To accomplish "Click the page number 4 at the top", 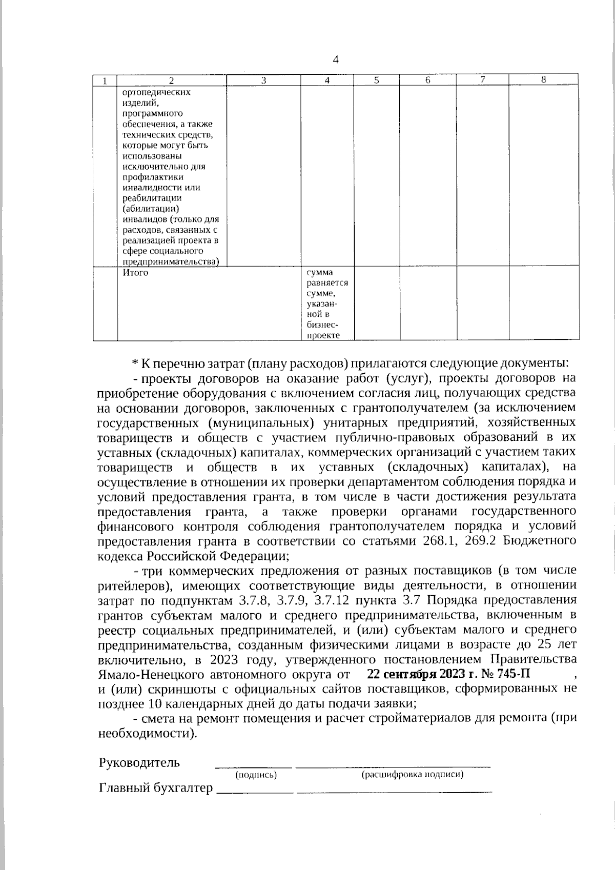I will coord(336,60).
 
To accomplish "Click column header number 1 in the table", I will coord(105,80).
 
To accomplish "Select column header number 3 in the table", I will coord(263,80).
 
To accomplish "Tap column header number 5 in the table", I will coord(376,80).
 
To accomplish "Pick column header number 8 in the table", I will coord(544,79).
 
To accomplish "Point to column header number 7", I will coord(482,80).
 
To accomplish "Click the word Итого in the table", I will coord(135,273).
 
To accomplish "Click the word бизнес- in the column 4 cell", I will coord(320,326).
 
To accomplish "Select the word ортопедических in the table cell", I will coord(156,93).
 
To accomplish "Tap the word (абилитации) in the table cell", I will coord(151,209).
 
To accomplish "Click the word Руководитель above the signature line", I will coord(139,762).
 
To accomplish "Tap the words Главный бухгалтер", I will coord(155,788).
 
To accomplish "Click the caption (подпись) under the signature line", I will coord(256,775).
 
